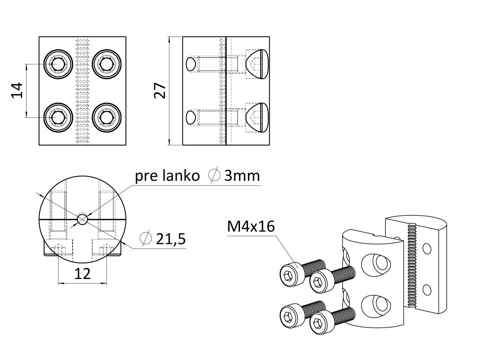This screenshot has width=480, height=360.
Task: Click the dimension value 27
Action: pyautogui.click(x=160, y=90)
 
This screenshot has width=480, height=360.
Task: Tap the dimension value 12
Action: pyautogui.click(x=82, y=274)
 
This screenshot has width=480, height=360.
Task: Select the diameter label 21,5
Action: pyautogui.click(x=171, y=239)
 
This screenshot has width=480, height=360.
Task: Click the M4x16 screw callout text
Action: pyautogui.click(x=251, y=227)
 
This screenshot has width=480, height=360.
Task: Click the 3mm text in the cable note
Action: pyautogui.click(x=241, y=176)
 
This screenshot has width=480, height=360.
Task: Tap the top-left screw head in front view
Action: pyautogui.click(x=58, y=63)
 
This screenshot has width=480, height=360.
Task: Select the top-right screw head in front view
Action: pyautogui.click(x=107, y=63)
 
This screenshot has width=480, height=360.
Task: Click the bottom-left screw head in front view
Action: pyautogui.click(x=58, y=117)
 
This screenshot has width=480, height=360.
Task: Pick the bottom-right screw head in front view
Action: pyautogui.click(x=107, y=117)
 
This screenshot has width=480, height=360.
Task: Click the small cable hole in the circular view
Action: pyautogui.click(x=82, y=219)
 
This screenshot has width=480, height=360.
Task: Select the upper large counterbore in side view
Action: pyautogui.click(x=257, y=64)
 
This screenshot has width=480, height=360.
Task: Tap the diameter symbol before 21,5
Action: pyautogui.click(x=146, y=239)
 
